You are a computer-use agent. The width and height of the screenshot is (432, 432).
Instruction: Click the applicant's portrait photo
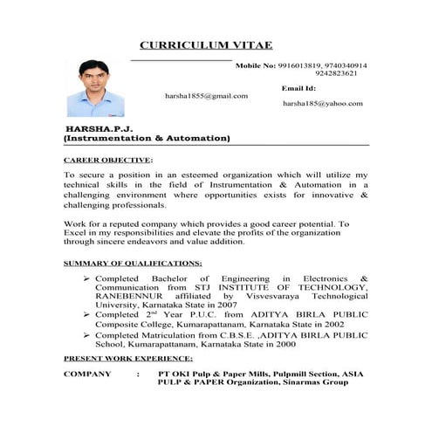pyautogui.click(x=95, y=88)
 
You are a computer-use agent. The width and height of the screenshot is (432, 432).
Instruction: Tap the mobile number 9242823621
pyautogui.click(x=341, y=74)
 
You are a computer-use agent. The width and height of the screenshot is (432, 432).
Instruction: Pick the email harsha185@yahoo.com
pyautogui.click(x=322, y=104)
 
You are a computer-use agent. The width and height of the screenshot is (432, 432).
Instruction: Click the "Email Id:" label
pyautogui.click(x=298, y=88)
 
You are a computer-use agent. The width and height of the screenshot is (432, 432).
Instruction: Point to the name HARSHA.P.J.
pyautogui.click(x=93, y=127)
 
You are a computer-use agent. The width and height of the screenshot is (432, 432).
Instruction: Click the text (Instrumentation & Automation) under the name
pyautogui.click(x=147, y=138)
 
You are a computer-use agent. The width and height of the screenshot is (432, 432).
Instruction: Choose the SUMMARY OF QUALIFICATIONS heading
pyautogui.click(x=134, y=263)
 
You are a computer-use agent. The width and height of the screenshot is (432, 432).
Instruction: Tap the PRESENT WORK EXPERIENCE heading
pyautogui.click(x=128, y=359)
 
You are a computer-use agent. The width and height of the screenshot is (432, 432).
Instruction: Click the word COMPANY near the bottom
pyautogui.click(x=87, y=374)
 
